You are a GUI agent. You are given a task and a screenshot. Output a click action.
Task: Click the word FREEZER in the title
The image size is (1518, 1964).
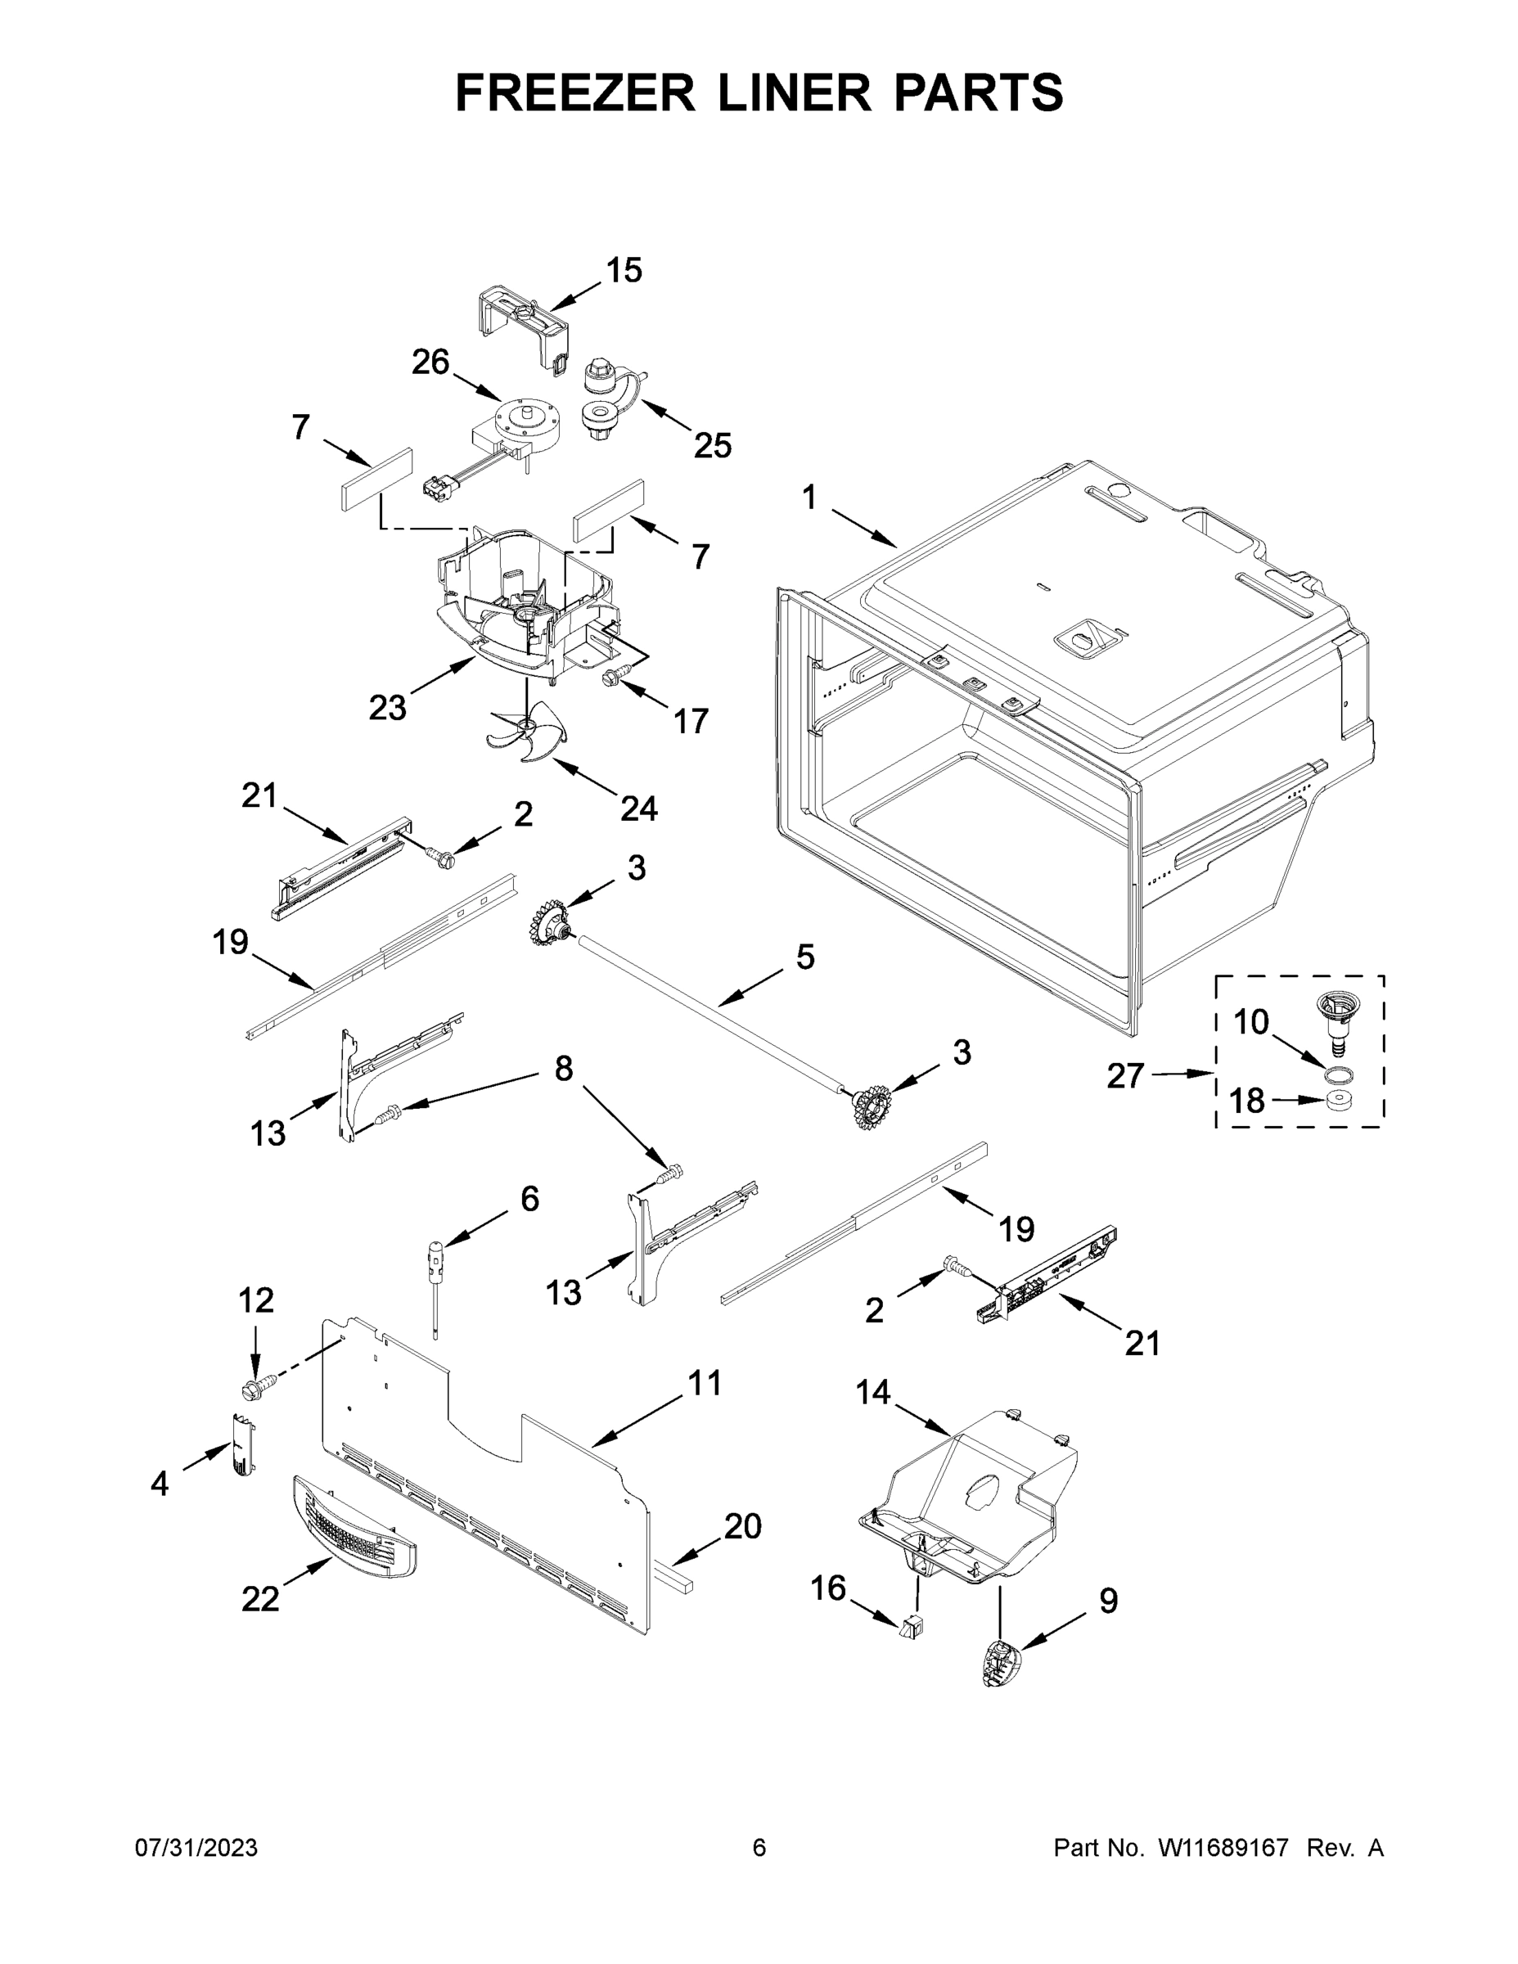pos(574,92)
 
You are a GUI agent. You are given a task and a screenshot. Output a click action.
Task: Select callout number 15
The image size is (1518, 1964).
pos(624,270)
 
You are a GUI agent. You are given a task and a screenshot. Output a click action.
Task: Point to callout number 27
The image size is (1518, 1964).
pos(1124,1074)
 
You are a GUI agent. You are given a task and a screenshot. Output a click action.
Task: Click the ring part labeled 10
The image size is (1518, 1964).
pos(1339,1074)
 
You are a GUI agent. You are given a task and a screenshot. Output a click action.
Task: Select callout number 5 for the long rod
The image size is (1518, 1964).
pos(805,957)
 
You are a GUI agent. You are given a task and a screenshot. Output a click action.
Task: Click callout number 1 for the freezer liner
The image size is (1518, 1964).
pos(809,498)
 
